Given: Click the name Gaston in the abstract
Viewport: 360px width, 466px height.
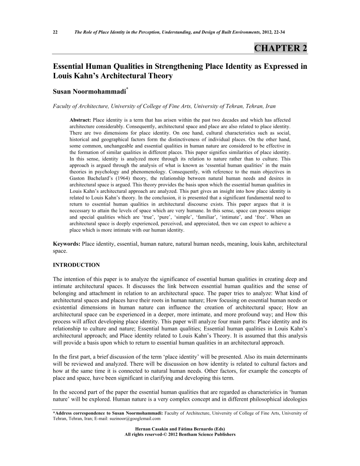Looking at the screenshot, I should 80,181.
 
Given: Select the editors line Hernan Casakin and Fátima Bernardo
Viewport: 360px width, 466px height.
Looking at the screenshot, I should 180,429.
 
